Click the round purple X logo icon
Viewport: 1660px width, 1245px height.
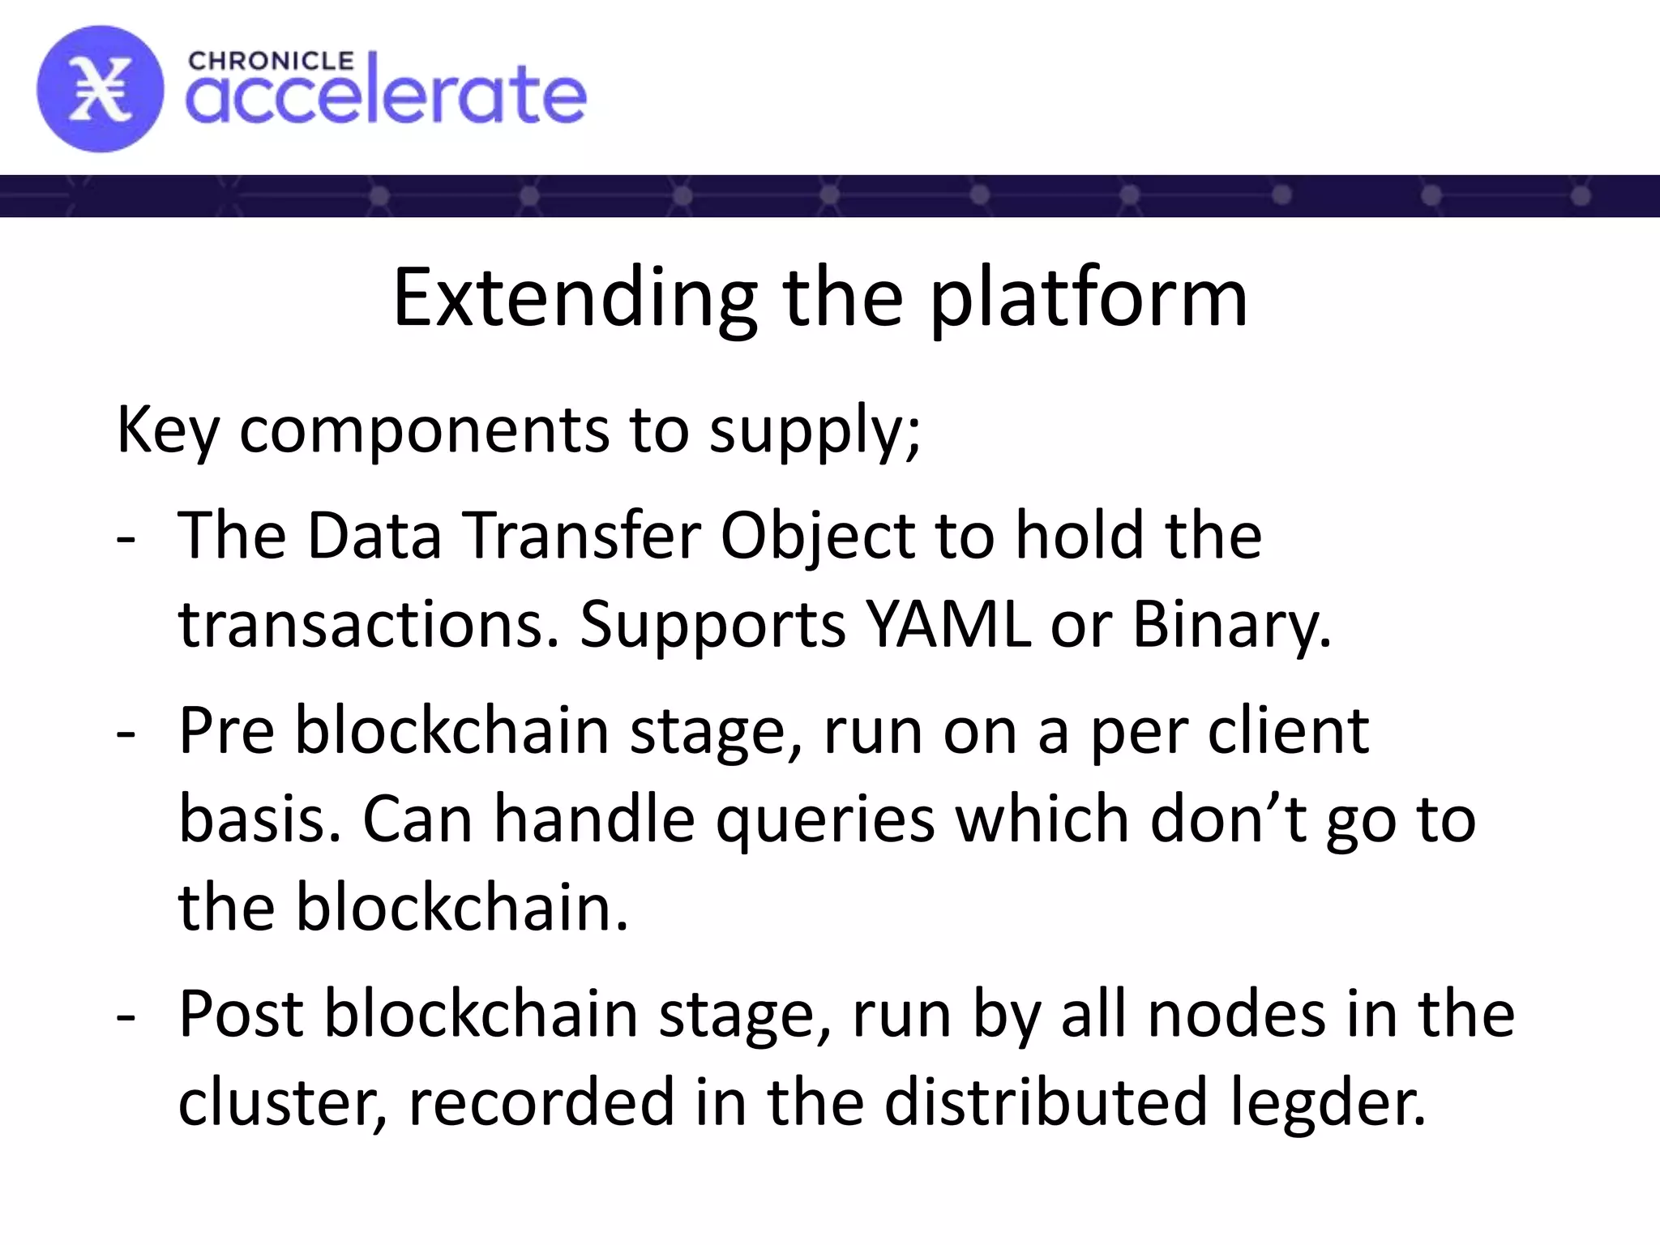tap(100, 89)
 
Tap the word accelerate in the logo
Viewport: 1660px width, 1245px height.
tap(386, 96)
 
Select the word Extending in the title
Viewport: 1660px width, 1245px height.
tap(575, 299)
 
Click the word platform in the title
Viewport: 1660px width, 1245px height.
tap(1088, 299)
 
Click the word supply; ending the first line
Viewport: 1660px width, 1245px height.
tap(815, 430)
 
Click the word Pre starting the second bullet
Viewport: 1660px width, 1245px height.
tap(226, 730)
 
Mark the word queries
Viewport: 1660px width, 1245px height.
tap(825, 819)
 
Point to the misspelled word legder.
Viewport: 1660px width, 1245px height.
tap(1328, 1102)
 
